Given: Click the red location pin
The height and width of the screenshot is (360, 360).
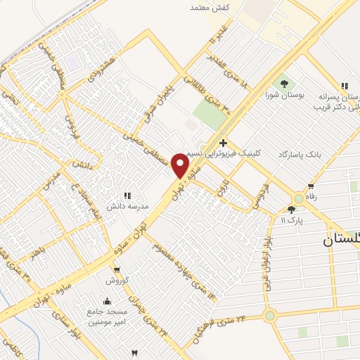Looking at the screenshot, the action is [x=180, y=165].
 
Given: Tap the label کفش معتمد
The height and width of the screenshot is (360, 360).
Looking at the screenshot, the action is [x=211, y=7].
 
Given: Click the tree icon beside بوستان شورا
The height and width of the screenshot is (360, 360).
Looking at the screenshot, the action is [x=284, y=84].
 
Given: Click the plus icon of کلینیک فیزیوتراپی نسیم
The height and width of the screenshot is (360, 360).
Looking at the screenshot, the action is [x=223, y=143].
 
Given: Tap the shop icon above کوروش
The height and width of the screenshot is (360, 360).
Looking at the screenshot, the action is [x=117, y=269].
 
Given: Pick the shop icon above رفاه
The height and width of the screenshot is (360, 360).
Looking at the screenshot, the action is [x=311, y=186].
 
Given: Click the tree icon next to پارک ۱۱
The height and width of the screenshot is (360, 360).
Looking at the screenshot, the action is [x=292, y=210].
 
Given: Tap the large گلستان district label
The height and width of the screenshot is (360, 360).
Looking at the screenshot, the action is [x=341, y=240].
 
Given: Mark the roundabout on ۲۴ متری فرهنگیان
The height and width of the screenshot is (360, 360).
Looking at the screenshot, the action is [x=269, y=316].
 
